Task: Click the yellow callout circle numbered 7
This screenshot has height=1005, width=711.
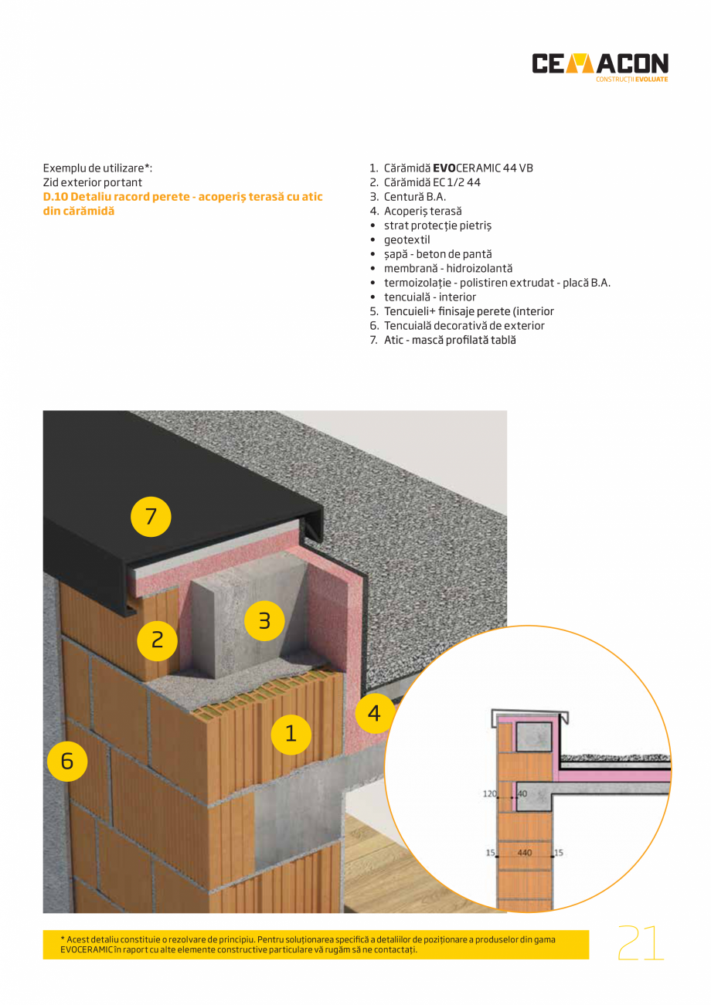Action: click(151, 516)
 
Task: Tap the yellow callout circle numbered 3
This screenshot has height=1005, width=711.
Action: click(264, 620)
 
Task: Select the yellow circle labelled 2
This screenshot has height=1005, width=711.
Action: click(157, 640)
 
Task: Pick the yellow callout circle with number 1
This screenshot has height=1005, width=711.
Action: click(291, 734)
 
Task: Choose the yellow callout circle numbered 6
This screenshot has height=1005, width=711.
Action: click(67, 761)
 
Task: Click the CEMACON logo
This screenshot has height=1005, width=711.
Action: click(600, 66)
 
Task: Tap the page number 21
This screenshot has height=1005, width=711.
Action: click(641, 943)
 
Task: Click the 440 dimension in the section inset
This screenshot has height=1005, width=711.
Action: click(525, 854)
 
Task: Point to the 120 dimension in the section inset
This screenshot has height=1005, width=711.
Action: click(490, 793)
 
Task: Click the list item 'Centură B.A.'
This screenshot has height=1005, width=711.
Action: click(414, 197)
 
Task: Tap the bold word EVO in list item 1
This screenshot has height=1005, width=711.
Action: click(444, 168)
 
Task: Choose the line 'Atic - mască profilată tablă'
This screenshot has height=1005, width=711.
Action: click(449, 340)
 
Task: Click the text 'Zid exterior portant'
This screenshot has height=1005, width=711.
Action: click(93, 182)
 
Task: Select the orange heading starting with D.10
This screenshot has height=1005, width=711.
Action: click(182, 204)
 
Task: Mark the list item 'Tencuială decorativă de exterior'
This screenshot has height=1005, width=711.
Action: click(464, 326)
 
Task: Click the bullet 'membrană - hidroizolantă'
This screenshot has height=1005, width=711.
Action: click(447, 268)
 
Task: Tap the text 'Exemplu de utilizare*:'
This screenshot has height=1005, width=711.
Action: click(97, 168)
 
